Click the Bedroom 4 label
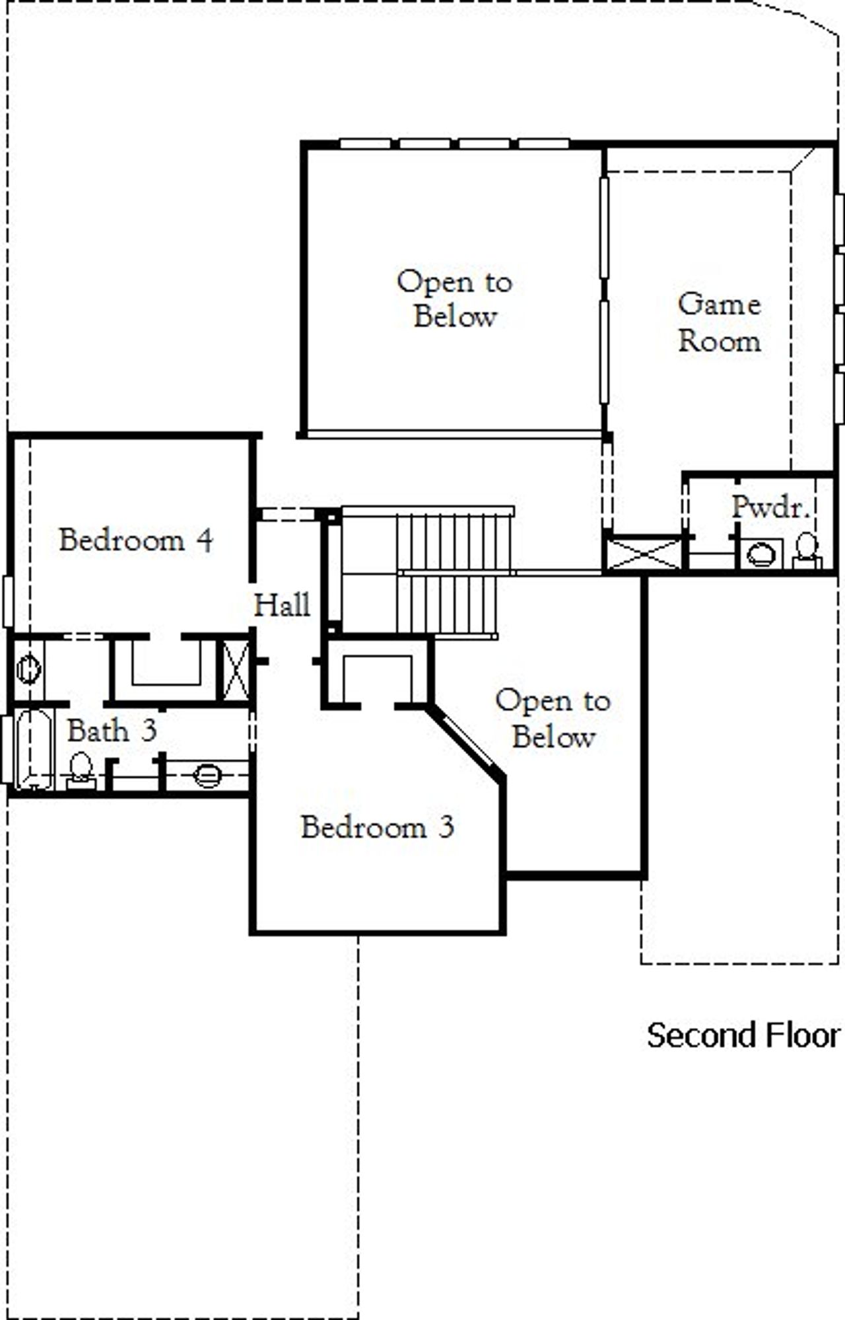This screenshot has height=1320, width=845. [x=136, y=540]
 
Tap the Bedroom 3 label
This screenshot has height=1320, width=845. [x=377, y=827]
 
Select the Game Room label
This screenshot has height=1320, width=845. [x=720, y=323]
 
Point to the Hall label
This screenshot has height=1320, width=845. [x=283, y=605]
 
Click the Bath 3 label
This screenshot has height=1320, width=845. [x=112, y=731]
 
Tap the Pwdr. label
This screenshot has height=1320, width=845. [x=770, y=507]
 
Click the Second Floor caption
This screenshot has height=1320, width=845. [x=743, y=1035]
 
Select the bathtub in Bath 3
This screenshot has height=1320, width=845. [x=34, y=749]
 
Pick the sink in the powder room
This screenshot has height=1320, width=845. [x=761, y=554]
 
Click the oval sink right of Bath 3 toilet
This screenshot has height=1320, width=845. [x=207, y=775]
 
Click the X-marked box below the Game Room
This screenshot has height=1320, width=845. [x=644, y=554]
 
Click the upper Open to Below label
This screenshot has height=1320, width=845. [x=454, y=299]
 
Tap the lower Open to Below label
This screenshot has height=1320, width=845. [x=553, y=719]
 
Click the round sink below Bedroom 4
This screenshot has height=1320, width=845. [x=28, y=669]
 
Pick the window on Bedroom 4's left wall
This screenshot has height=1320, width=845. [x=8, y=601]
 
